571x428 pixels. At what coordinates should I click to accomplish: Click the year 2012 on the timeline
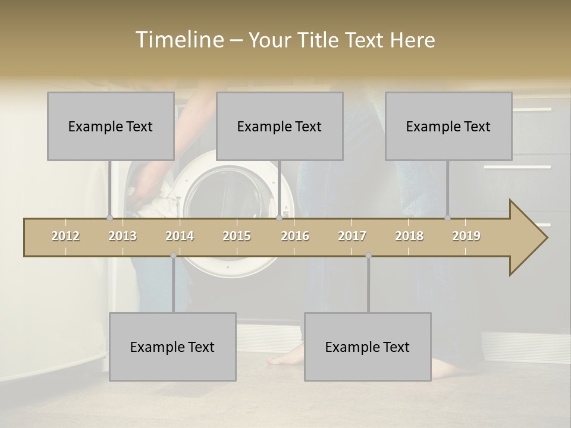click(65, 236)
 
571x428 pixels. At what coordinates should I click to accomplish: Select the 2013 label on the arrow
click(123, 236)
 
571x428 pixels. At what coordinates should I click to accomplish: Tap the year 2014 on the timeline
click(180, 236)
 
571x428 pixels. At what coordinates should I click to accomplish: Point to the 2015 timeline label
click(237, 236)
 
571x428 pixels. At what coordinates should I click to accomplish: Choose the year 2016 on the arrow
click(295, 236)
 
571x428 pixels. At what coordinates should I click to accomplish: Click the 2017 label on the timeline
click(352, 236)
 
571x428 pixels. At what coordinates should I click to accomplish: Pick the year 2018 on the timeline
click(409, 236)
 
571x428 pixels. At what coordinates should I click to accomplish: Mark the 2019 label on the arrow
click(466, 236)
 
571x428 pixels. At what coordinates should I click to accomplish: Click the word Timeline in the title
click(178, 40)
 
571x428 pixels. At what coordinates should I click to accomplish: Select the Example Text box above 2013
click(111, 126)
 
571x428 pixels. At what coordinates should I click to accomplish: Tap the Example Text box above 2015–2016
click(280, 126)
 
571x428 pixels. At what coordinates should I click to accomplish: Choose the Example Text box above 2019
click(448, 126)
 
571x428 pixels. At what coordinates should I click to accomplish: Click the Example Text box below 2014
click(172, 347)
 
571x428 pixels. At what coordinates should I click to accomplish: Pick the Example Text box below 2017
click(368, 347)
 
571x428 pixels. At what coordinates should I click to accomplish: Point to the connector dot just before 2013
click(109, 218)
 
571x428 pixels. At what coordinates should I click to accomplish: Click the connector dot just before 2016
click(279, 218)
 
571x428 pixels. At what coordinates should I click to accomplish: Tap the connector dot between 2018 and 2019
click(447, 218)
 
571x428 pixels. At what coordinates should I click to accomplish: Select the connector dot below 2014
click(173, 256)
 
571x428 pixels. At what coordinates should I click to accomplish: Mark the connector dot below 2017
click(368, 256)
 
